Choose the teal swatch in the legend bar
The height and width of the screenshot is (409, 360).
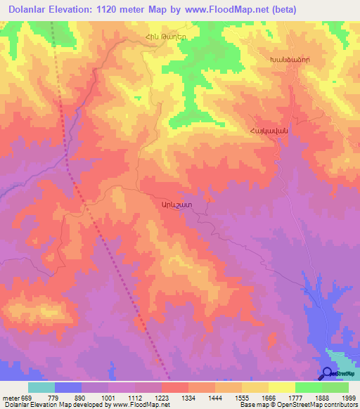click(x=41, y=387)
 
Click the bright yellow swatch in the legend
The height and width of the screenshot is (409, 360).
click(x=281, y=387)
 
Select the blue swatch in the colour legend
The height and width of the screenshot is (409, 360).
click(x=68, y=387)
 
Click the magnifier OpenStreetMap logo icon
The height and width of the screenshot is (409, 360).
click(x=328, y=375)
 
